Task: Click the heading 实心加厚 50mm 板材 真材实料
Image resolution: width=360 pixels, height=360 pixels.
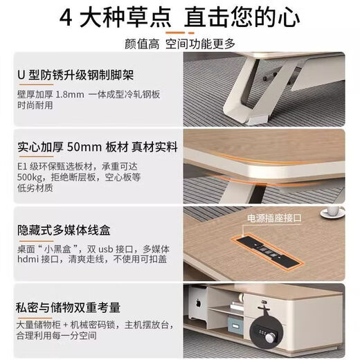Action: pyautogui.click(x=97, y=147)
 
